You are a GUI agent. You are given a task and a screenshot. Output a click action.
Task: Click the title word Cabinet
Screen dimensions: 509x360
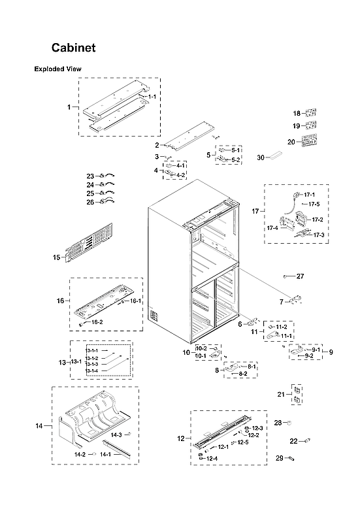point(74,48)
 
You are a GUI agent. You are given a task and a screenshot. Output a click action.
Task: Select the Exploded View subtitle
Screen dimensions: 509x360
point(58,69)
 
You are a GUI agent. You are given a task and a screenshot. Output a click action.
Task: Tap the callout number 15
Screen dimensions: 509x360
point(56,257)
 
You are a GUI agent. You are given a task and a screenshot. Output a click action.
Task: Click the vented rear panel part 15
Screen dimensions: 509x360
point(88,243)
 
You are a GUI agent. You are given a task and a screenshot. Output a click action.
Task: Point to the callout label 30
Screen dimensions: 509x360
point(260,157)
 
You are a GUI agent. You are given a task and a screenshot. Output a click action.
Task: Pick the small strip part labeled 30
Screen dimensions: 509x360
point(276,156)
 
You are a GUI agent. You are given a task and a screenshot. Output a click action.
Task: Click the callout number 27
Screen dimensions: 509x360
point(300,276)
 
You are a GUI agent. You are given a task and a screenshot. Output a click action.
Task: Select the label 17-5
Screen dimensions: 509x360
point(315,205)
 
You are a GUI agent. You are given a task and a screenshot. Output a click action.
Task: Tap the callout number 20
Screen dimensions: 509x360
point(291,142)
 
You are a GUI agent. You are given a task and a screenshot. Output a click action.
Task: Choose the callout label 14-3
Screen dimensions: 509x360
point(116,435)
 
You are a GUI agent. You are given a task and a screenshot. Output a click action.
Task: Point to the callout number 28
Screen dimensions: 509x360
point(277,423)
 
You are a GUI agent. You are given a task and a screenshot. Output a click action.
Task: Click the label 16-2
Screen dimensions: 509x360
point(97,322)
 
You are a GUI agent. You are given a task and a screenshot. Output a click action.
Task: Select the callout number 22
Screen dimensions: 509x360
point(293,441)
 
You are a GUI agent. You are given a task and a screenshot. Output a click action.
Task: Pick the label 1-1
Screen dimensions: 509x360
point(152,97)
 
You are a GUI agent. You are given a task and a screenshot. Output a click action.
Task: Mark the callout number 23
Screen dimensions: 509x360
point(90,176)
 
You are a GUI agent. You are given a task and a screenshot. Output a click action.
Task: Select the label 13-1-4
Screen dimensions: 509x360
point(91,371)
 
